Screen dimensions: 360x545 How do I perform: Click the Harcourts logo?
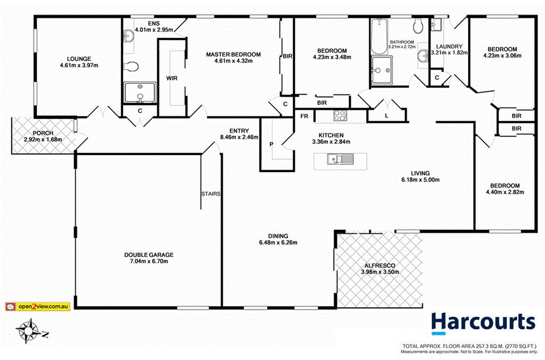tap(483, 323)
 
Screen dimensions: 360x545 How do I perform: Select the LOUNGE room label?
tap(79, 59)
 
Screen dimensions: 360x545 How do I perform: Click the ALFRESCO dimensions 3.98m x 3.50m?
tap(379, 272)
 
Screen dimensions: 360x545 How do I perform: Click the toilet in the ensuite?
tap(131, 67)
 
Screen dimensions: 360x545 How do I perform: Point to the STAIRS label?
tap(211, 193)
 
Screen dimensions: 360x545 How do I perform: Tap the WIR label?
tap(172, 78)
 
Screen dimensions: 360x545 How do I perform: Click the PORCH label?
tap(43, 133)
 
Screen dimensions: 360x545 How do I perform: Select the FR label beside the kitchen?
tap(304, 116)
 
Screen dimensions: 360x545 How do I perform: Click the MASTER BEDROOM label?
tap(234, 54)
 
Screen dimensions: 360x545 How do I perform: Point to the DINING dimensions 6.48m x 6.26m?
tap(278, 243)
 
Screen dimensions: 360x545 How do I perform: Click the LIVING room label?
tap(420, 173)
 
